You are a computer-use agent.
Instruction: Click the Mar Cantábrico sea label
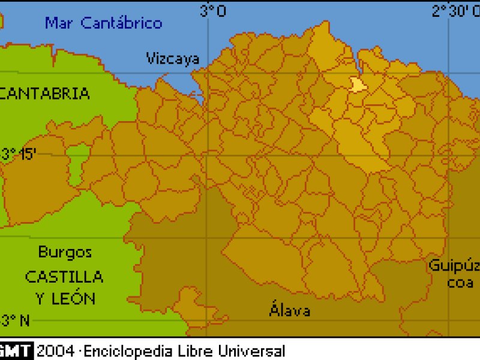coord(104,23)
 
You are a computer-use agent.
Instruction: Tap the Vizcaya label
coord(173,58)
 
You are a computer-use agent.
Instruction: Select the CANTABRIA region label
coord(45,94)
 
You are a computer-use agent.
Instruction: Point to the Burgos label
coord(65,252)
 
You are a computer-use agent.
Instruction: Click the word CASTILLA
coord(64,277)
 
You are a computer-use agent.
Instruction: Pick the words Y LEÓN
coord(64,298)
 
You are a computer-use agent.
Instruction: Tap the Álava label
coord(290,310)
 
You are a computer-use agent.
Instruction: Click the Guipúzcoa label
coord(454,273)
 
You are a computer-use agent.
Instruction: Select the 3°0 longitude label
coord(213,11)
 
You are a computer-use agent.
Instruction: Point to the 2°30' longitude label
coord(455,11)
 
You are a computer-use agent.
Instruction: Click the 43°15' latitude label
coord(18,154)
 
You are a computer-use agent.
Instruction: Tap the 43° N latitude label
coord(15,320)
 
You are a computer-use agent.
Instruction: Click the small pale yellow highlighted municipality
coord(358,85)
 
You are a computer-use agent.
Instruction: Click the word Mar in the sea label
coord(59,23)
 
